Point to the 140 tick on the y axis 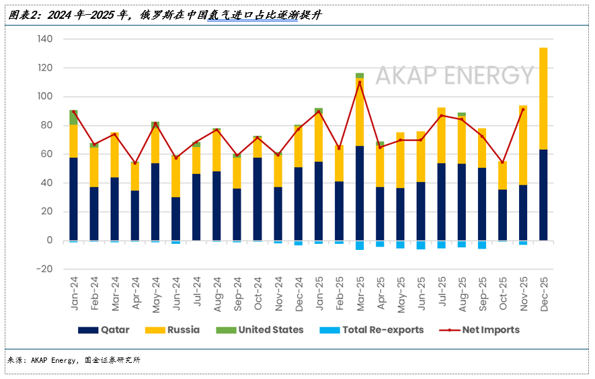[x=44, y=39]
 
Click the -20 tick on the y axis [x=44, y=269]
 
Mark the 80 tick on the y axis [x=46, y=125]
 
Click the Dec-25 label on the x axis [x=543, y=294]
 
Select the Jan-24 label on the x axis [x=74, y=294]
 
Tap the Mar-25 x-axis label [x=360, y=294]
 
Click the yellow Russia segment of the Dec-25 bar [x=543, y=98]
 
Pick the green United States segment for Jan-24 [x=73, y=117]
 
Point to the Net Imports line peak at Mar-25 [x=360, y=83]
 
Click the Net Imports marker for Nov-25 [x=523, y=110]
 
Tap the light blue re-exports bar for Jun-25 [x=421, y=245]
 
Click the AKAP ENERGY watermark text [x=454, y=75]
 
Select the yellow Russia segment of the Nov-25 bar [x=523, y=145]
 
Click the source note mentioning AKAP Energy [x=74, y=361]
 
